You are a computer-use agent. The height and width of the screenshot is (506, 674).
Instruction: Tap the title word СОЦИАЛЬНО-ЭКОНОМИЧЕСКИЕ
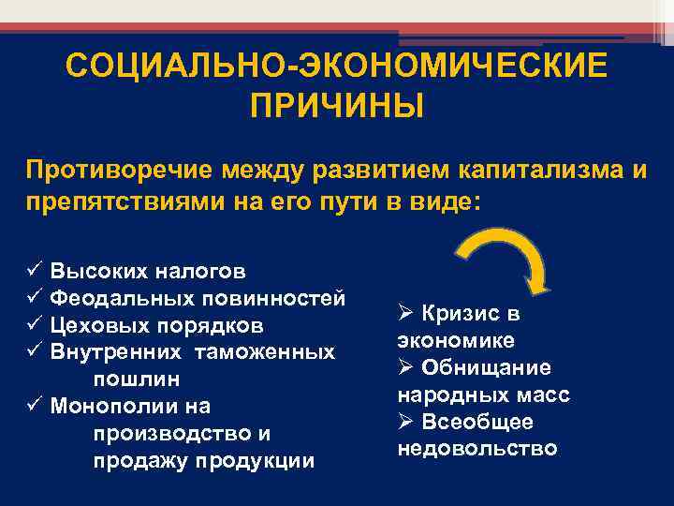tap(336, 67)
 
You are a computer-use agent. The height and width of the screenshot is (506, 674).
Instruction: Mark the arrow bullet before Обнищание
tap(405, 367)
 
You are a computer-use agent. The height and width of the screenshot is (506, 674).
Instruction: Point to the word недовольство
tap(477, 449)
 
